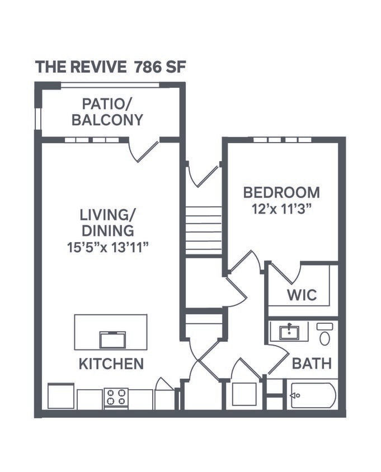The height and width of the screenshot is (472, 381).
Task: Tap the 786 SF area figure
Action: point(159,67)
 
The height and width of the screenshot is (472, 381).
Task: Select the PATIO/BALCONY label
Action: point(112,112)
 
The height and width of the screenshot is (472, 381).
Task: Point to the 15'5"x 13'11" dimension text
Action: point(107,247)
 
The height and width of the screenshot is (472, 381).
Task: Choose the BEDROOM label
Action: point(281,192)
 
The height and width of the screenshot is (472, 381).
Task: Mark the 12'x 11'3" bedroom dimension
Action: point(281,208)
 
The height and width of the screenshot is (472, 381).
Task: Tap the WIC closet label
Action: point(302,294)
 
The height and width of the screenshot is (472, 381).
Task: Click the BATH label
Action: point(312,364)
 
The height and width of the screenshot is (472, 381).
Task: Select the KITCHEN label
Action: point(111,364)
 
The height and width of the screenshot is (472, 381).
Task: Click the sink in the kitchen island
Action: point(112,339)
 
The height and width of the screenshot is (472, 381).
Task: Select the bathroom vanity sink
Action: point(289,332)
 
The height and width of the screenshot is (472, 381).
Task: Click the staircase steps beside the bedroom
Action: point(204,230)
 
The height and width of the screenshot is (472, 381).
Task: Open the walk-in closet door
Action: point(284,272)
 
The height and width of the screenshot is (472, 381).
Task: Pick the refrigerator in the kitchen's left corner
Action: point(61,396)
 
